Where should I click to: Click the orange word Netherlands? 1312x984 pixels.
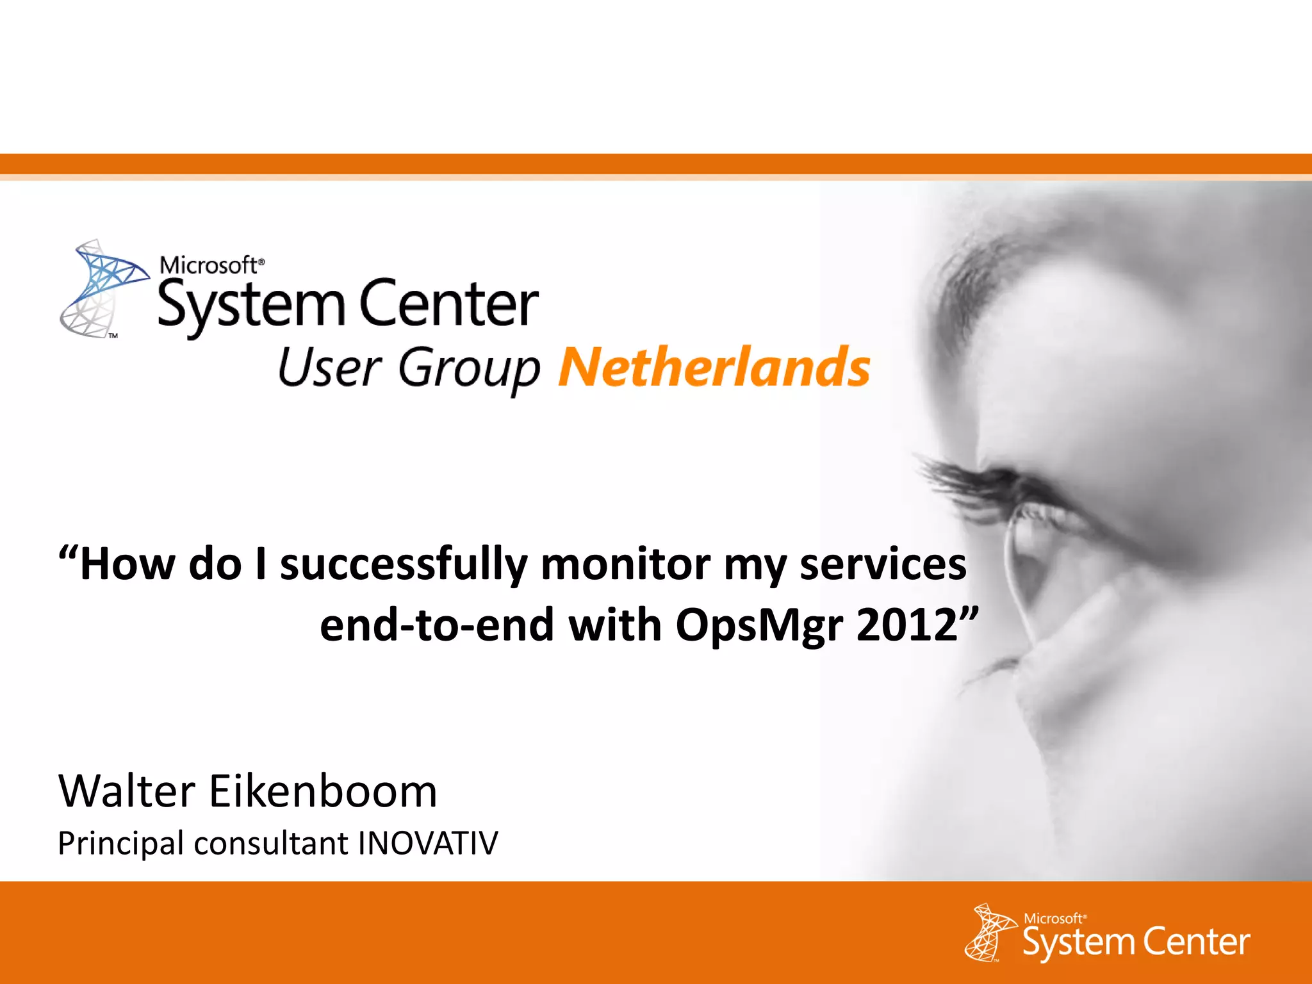tap(714, 367)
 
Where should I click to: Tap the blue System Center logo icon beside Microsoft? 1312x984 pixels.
tap(102, 288)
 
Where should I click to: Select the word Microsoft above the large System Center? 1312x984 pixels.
tap(209, 265)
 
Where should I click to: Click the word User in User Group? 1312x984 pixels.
tap(329, 368)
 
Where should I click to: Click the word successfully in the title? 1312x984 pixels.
tap(403, 565)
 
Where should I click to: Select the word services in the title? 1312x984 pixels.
tap(883, 565)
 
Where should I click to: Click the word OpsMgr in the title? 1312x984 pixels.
tap(758, 625)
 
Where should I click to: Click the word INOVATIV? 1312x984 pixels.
tap(428, 843)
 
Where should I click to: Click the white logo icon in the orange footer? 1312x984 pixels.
tap(990, 932)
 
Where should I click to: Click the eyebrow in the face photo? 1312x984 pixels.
tap(999, 256)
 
